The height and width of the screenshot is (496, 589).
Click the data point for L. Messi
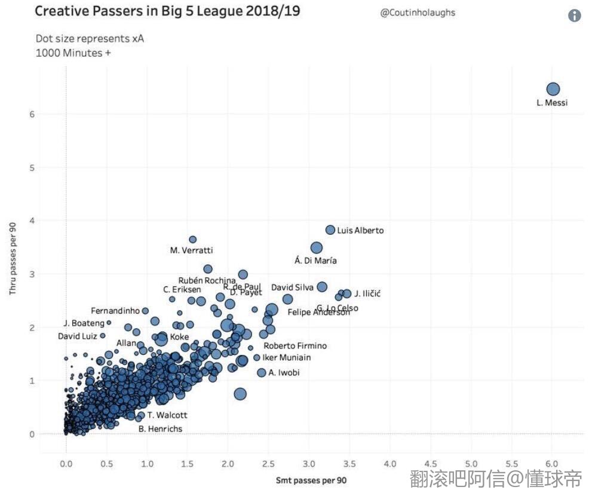(x=553, y=89)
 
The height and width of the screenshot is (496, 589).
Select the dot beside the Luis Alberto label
(x=330, y=230)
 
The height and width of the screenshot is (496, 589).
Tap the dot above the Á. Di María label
(x=317, y=248)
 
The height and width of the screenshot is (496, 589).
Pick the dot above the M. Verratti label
(x=192, y=239)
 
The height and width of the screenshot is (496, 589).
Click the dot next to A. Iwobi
(x=261, y=373)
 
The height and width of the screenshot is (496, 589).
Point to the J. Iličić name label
(x=367, y=293)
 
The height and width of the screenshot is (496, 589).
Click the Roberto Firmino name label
(x=295, y=346)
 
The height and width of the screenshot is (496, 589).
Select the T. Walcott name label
(x=167, y=415)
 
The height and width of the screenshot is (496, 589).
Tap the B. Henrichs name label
(x=160, y=428)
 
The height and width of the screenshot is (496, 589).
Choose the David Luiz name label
(x=77, y=336)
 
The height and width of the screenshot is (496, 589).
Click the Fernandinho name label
(x=115, y=311)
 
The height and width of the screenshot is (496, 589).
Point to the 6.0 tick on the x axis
(x=552, y=464)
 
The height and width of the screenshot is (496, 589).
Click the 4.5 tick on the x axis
(x=431, y=464)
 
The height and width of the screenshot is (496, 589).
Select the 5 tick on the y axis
(x=32, y=167)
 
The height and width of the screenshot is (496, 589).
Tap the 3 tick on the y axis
(x=32, y=274)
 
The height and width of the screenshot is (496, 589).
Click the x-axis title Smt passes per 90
(x=311, y=480)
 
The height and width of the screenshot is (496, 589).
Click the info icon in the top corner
(x=574, y=16)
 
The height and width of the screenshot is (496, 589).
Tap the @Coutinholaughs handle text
(x=418, y=13)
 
